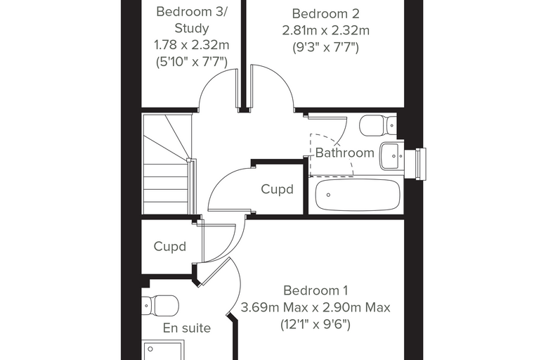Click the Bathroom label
click(x=345, y=153)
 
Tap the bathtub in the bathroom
click(x=358, y=195)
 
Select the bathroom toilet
click(x=378, y=124)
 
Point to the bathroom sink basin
click(x=391, y=156)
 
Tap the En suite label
click(x=187, y=328)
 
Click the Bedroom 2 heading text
click(x=325, y=14)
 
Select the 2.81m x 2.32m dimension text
click(x=325, y=30)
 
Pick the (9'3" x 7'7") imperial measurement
click(x=325, y=47)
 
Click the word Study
click(x=192, y=28)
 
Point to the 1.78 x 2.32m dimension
click(x=192, y=45)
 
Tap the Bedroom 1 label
click(x=315, y=290)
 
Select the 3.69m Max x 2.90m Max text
click(x=315, y=307)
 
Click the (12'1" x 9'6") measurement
click(x=315, y=324)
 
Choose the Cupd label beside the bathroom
click(x=278, y=190)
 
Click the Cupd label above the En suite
click(x=169, y=247)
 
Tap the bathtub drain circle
click(x=328, y=195)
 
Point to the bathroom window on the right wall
click(x=421, y=164)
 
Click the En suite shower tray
click(x=164, y=350)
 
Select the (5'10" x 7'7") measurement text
click(x=192, y=62)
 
